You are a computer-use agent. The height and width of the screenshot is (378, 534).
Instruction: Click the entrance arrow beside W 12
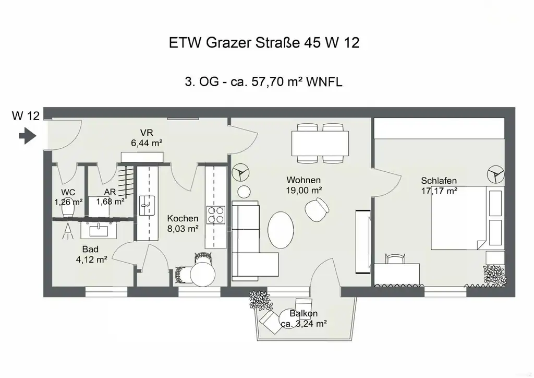[26, 137]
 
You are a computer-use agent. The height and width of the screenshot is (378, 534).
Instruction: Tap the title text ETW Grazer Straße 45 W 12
[264, 43]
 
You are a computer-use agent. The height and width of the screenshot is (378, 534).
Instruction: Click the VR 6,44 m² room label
[145, 137]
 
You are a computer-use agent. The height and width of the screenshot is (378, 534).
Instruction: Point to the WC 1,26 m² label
[68, 197]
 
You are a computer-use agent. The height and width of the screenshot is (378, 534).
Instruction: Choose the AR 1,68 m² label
[110, 197]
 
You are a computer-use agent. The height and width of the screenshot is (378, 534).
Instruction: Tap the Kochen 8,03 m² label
[183, 223]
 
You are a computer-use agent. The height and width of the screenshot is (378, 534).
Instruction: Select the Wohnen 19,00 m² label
[304, 185]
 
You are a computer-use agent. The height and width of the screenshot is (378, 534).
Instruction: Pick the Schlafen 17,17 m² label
[439, 186]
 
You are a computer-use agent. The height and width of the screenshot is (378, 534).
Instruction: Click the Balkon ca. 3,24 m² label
[304, 318]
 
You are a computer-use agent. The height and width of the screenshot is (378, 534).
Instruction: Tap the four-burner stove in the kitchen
[216, 215]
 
